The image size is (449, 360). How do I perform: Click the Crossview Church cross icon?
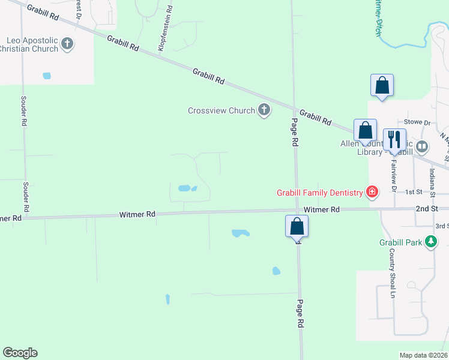264,110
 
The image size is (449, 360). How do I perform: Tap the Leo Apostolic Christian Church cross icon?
67,43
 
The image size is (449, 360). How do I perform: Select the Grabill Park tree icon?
430,242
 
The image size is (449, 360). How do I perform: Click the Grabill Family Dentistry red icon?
372,192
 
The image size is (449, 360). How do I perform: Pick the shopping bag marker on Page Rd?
297,227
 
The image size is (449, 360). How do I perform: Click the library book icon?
423,146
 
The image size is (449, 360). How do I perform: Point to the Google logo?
20,353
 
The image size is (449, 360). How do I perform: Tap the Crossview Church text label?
220,110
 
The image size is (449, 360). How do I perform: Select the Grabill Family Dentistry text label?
319,193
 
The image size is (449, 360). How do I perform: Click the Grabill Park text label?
401,242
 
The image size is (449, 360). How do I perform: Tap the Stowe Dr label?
418,122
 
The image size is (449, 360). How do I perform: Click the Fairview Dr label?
394,175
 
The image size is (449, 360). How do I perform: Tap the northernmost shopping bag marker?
382,86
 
